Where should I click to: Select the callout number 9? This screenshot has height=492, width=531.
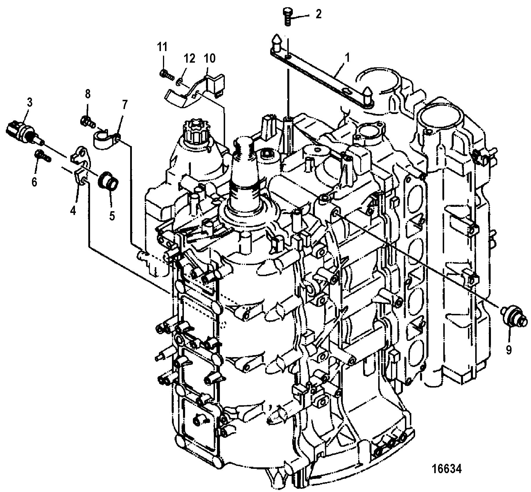[509, 350]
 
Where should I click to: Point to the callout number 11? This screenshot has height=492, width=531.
[162, 47]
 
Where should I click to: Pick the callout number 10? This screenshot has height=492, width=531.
[209, 59]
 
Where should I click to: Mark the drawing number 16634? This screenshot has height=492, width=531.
[446, 469]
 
